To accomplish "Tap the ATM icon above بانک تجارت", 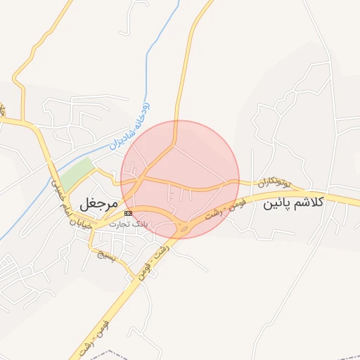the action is (128, 213).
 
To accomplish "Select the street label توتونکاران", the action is (272, 182).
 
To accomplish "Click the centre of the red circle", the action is (180, 179).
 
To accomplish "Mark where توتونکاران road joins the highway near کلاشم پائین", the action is (307, 192).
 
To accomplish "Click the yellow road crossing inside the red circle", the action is (144, 176).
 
